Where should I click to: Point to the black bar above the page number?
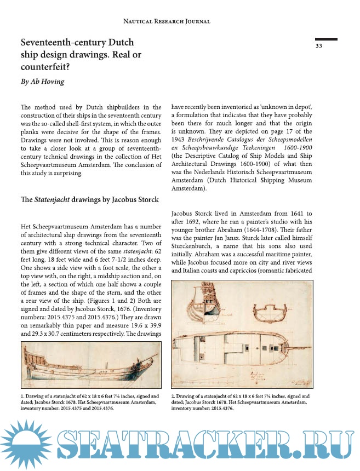click(x=326, y=38)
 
